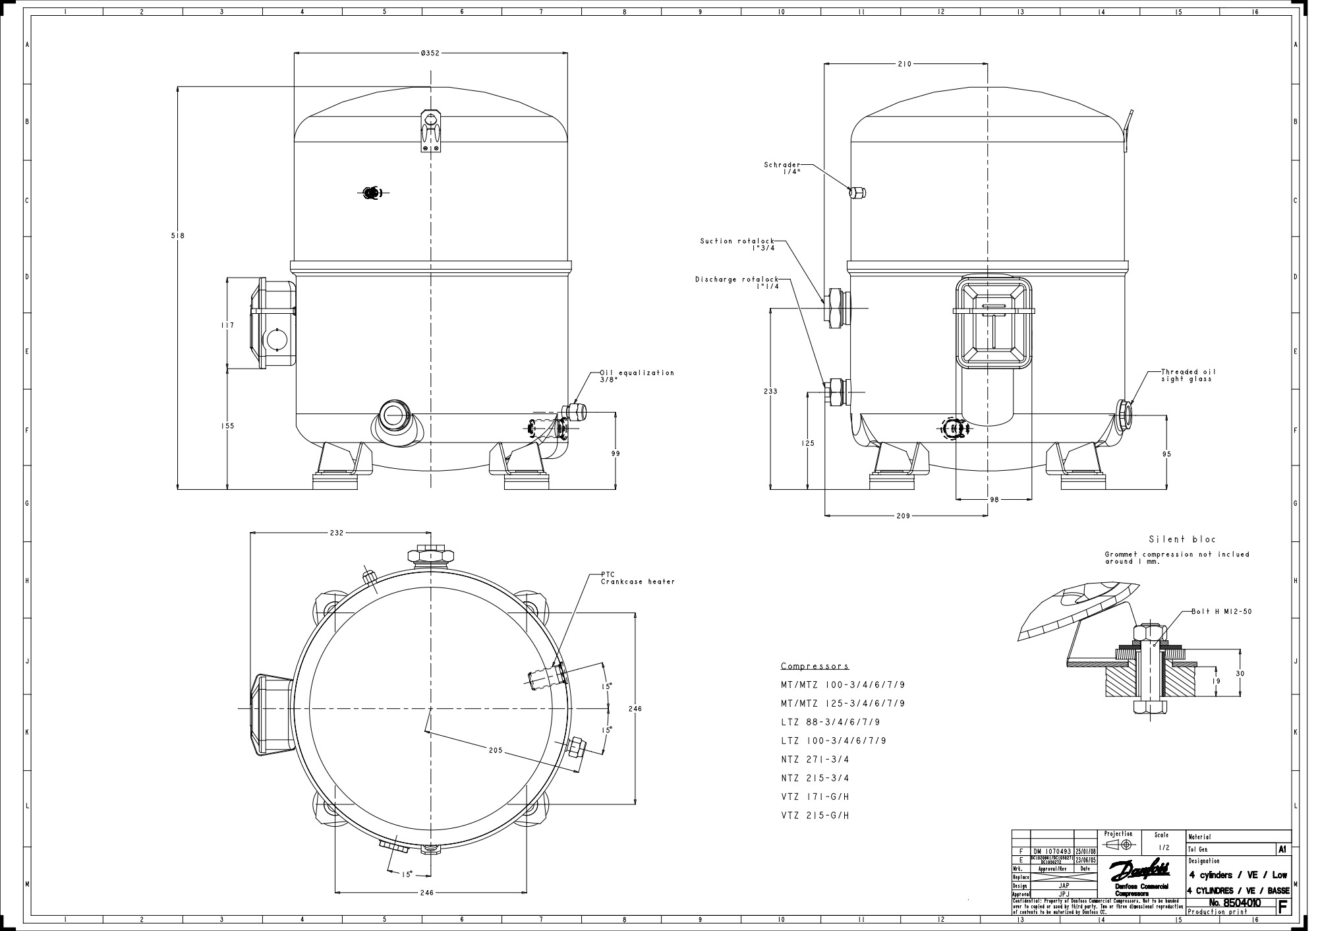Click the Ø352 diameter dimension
[x=430, y=53]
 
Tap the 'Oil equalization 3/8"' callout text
[x=637, y=376]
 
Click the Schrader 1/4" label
[x=782, y=168]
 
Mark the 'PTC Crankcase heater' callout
[x=637, y=578]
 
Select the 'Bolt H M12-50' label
[x=1221, y=612]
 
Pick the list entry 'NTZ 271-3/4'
[x=815, y=760]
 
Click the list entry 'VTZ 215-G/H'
[x=815, y=816]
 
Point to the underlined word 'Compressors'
[x=815, y=667]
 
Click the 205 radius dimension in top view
[x=496, y=750]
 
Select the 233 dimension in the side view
[x=770, y=391]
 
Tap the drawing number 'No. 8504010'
[x=1235, y=903]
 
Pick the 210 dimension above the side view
[x=904, y=64]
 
